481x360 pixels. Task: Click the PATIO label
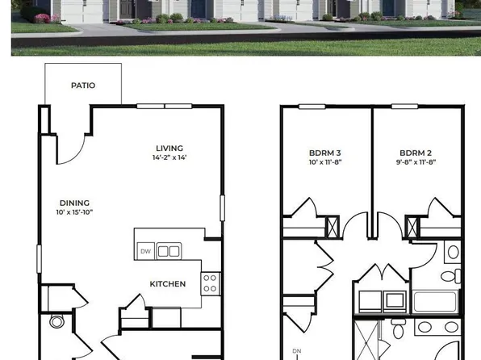pos(84,84)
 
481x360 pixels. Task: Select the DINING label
pos(74,203)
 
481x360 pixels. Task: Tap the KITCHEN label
pos(168,283)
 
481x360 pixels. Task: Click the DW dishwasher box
pos(145,251)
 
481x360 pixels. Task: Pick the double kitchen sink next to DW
pos(169,251)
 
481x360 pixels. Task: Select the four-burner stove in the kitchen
pos(209,283)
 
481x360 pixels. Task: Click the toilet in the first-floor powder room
pos(56,323)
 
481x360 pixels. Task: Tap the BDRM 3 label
pos(324,153)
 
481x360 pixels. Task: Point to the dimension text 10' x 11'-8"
pos(324,162)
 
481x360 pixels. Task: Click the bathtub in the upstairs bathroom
pos(436,303)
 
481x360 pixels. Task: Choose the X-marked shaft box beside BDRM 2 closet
pos(415,228)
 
